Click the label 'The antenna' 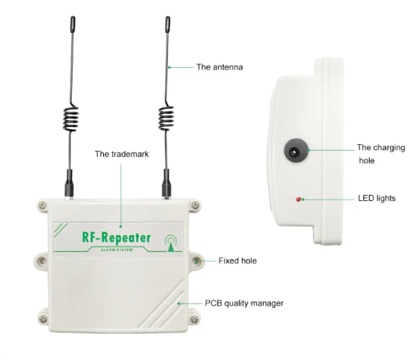tap(220, 67)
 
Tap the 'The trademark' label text tap(122, 154)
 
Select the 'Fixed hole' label tap(238, 261)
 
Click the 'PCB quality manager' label tap(244, 303)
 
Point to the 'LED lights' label tap(376, 198)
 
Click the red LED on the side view tap(299, 199)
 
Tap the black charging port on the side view tap(297, 150)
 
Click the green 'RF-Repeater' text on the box tap(117, 238)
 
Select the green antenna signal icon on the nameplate tap(171, 243)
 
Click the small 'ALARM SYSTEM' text tap(117, 250)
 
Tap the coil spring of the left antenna tap(70, 118)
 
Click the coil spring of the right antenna tap(166, 118)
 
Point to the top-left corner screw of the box tap(43, 205)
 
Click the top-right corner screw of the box tap(196, 205)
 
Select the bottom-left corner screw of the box tap(43, 319)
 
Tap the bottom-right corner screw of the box tap(195, 320)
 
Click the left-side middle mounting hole tap(42, 261)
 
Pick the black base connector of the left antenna tap(69, 183)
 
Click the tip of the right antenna tap(168, 17)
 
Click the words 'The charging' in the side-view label tap(381, 148)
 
